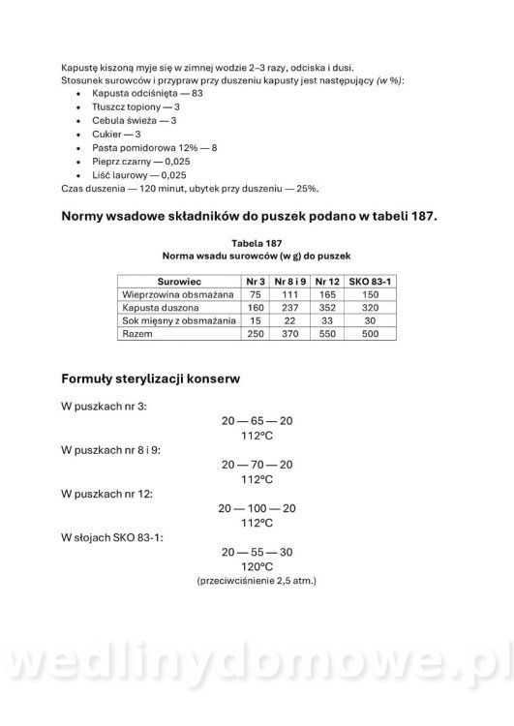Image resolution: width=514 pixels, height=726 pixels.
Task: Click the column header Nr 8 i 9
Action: point(288,280)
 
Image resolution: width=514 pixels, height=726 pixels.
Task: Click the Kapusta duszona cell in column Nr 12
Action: point(326,307)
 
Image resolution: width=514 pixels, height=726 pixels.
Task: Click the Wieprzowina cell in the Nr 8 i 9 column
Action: point(288,293)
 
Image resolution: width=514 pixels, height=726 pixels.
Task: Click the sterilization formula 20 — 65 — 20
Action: point(257,421)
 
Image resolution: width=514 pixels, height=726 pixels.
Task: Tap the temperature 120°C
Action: point(257,565)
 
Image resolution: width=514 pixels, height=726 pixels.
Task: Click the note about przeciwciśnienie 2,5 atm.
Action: point(257,581)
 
